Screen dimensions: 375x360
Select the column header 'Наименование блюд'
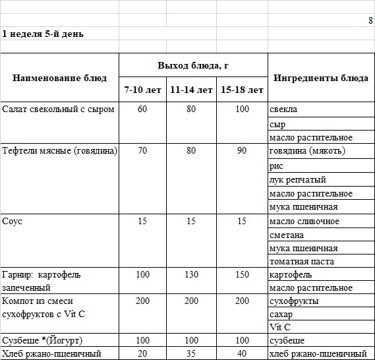click(x=59, y=78)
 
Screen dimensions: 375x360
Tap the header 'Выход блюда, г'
click(x=193, y=66)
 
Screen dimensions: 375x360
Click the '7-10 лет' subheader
click(x=142, y=90)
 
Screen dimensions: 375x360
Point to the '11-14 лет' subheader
click(x=191, y=90)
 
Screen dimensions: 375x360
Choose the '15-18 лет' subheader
click(x=242, y=90)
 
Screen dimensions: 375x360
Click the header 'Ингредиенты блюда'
click(x=320, y=78)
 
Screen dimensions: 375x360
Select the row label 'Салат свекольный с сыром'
click(x=58, y=109)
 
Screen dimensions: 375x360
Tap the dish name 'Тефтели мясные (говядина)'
click(x=59, y=151)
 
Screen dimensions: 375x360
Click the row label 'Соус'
click(x=13, y=221)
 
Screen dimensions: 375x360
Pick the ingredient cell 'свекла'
click(x=283, y=109)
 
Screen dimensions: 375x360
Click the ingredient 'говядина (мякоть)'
click(x=307, y=151)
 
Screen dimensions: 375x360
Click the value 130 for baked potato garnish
click(x=191, y=274)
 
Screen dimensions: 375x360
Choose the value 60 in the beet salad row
click(x=142, y=109)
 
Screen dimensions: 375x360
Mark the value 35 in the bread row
click(x=191, y=353)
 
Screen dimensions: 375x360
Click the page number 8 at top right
click(x=370, y=20)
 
